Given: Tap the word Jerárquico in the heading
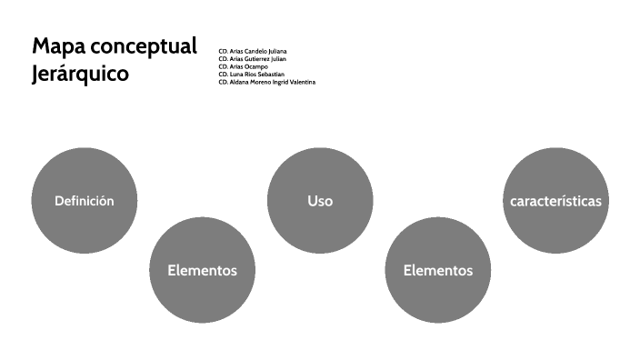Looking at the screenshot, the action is click(x=80, y=74).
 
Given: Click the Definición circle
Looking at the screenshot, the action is click(x=85, y=201).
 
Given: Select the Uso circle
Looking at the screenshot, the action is click(x=320, y=201).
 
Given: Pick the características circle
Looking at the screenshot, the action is click(x=555, y=201).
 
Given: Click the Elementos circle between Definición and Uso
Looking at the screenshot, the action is click(x=202, y=270).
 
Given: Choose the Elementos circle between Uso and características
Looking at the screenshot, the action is click(x=438, y=270).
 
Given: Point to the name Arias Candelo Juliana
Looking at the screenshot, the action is click(x=258, y=51).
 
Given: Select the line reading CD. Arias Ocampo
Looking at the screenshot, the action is click(x=243, y=66).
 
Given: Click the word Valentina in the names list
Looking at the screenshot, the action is click(x=301, y=82).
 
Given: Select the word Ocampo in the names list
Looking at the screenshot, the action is click(x=256, y=66).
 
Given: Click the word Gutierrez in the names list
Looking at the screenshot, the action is click(x=256, y=59).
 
